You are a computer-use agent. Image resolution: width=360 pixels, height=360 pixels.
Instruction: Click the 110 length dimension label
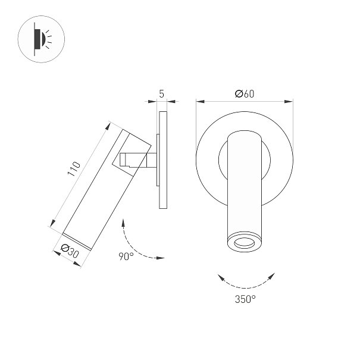tap(74, 169)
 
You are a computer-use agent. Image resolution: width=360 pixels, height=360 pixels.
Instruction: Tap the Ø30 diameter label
tap(70, 251)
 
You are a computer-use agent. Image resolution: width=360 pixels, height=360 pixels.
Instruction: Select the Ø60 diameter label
tap(245, 93)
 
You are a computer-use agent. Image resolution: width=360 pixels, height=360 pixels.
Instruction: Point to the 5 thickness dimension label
tap(162, 93)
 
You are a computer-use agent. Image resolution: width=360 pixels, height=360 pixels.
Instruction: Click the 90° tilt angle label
tap(126, 256)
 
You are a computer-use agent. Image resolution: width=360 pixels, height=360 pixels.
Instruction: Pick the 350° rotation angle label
tap(245, 299)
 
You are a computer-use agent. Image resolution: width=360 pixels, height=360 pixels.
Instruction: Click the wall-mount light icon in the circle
tap(41, 39)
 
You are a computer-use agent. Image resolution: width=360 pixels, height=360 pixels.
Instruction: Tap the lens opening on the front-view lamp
tap(245, 243)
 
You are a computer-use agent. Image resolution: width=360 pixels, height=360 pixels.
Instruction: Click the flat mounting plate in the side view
tap(163, 160)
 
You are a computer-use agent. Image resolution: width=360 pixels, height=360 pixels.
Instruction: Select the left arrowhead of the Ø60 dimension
tap(200, 102)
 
